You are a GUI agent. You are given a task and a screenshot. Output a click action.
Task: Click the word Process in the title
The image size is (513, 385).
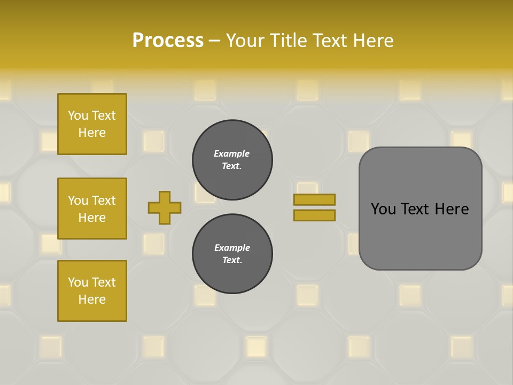point(168,41)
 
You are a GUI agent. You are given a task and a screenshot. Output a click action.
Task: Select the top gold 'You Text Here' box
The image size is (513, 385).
point(92,124)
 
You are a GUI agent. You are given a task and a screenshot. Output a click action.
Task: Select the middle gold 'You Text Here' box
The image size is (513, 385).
point(92,209)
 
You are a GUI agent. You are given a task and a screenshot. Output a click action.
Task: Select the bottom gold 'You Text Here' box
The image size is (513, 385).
point(92,291)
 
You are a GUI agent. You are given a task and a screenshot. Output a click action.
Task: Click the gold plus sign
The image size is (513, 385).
point(165,207)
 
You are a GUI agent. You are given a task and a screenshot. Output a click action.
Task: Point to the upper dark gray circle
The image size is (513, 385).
point(232,160)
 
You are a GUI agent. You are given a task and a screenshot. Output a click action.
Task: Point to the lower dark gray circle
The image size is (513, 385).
point(232,254)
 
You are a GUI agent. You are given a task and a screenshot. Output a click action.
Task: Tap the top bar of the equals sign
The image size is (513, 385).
point(315,199)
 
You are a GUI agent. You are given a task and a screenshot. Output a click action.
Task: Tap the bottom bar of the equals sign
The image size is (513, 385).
point(315,215)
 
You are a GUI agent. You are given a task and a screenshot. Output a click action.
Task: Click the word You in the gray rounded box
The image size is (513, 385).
point(383,209)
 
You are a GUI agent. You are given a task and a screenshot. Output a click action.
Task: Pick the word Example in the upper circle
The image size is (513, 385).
point(231,153)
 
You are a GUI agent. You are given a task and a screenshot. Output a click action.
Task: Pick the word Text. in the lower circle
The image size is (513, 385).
point(232,260)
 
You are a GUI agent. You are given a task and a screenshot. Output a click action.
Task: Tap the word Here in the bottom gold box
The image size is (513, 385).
point(92,299)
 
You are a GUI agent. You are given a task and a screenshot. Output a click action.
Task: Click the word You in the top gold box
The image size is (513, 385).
point(78,115)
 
